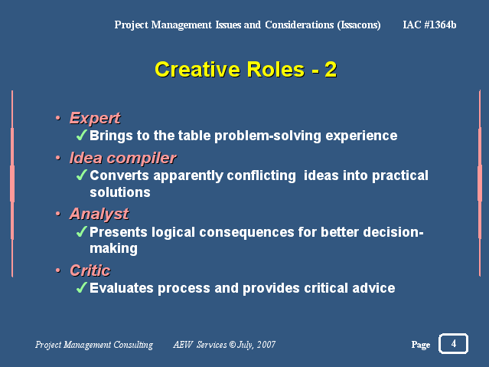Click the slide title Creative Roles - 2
coord(246,70)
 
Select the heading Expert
coord(95,118)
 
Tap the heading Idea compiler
coord(123,158)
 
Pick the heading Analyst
coord(99,214)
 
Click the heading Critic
coord(90,270)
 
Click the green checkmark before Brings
coord(81,136)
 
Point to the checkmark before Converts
coord(81,175)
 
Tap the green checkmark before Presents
coord(81,231)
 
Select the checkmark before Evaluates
coord(81,287)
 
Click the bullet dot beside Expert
coord(58,118)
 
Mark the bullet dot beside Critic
coord(58,270)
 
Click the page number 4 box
coord(453,343)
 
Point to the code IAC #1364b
coord(429,25)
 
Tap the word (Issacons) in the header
coord(359,25)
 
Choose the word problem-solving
coord(268,136)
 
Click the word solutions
coord(120,192)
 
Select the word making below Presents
coord(113,249)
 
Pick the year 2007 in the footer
coord(266,345)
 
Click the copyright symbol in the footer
coord(233,345)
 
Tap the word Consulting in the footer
coord(133,345)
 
